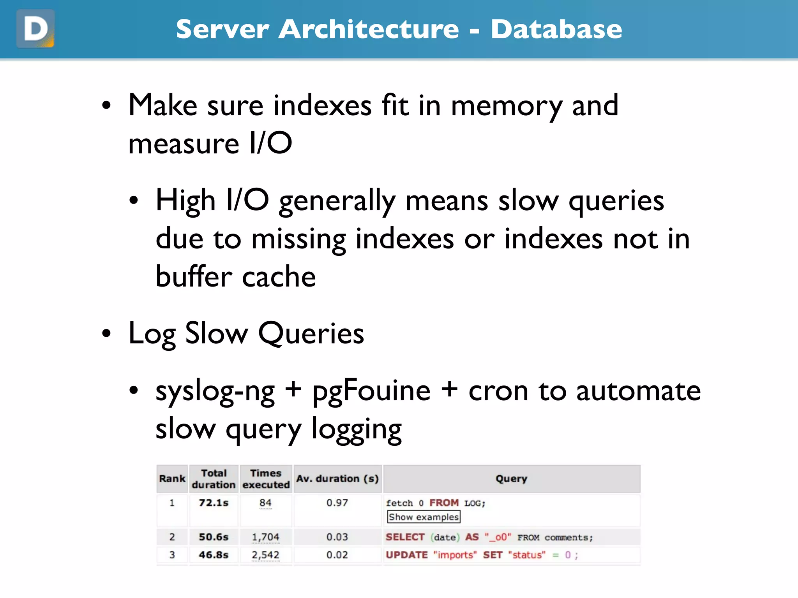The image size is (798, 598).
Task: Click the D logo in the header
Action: point(35,29)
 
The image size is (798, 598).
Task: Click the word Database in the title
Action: point(556,29)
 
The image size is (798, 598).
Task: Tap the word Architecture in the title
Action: point(369,29)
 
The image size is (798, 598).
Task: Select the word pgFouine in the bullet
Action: point(371,391)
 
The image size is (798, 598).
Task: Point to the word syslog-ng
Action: point(215,391)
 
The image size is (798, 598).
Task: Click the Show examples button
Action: point(424,517)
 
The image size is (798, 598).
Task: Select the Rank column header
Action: point(172,478)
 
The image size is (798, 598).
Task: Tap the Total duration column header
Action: point(214,478)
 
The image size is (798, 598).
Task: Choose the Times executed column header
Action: point(266,478)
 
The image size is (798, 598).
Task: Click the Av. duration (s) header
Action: point(337,478)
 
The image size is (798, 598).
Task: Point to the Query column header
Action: point(511,478)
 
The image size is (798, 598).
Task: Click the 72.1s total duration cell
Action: point(214,503)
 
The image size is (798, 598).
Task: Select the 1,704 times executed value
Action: point(265,537)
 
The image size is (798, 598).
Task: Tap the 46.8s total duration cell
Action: point(214,555)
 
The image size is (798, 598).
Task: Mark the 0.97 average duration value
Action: point(337,503)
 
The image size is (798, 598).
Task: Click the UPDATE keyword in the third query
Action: point(406,555)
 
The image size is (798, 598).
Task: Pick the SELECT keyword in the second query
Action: point(405,537)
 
